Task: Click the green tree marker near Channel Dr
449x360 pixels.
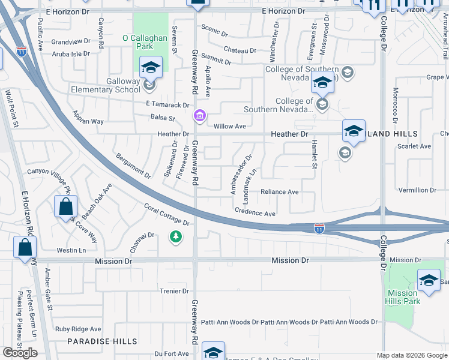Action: (175, 238)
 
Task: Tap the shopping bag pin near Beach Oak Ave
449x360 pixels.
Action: (65, 208)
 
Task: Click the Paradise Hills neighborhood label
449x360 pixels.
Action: (102, 341)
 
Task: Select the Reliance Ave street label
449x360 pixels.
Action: (279, 192)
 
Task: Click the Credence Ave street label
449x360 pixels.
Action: (255, 213)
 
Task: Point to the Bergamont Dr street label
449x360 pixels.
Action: (133, 164)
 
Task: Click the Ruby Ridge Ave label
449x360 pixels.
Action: (78, 329)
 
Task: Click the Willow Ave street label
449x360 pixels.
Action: (231, 126)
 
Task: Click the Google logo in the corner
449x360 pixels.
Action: (20, 352)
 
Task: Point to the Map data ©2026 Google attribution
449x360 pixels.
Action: (412, 355)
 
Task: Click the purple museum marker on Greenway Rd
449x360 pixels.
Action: (199, 115)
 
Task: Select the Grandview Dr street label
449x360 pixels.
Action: (71, 42)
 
